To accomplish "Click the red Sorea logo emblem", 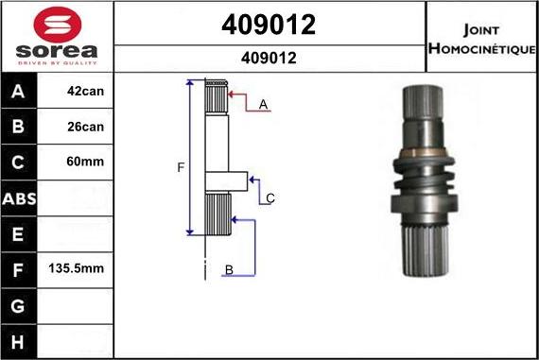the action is point(58,25).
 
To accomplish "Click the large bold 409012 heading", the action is point(269,25).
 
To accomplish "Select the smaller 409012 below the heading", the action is point(269,58).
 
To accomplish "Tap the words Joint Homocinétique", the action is point(482,39).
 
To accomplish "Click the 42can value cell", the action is point(86,91).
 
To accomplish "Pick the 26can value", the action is point(86,127).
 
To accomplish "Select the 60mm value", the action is point(85,162).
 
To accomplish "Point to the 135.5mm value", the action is point(76,268).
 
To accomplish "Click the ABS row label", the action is point(19,198).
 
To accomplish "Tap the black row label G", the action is point(18,306).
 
